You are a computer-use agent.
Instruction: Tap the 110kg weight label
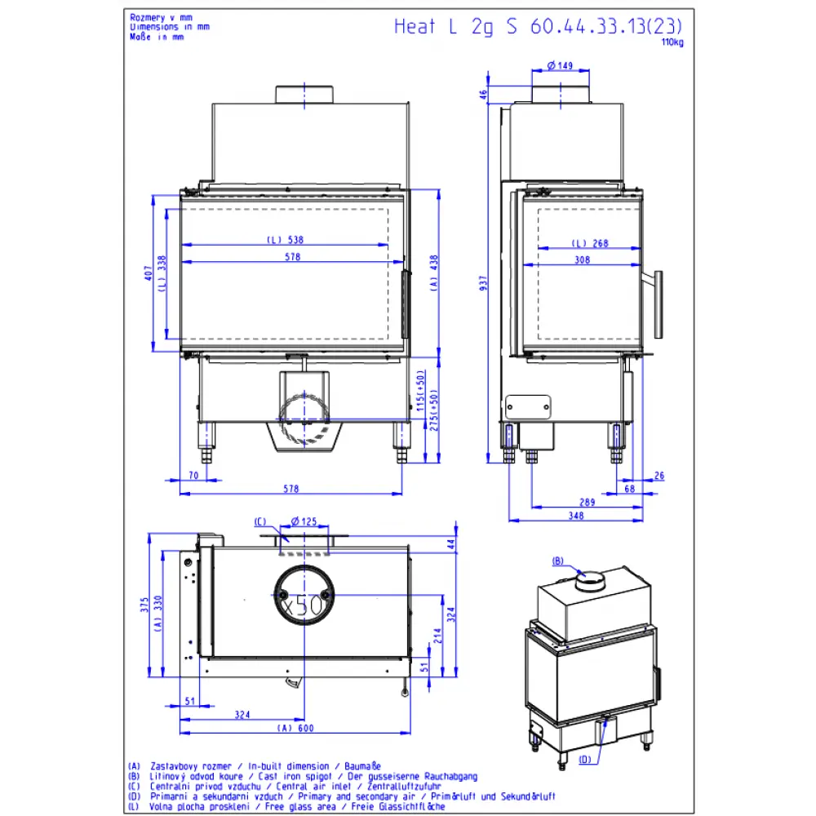coord(672,42)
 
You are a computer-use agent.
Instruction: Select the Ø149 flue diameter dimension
coord(560,65)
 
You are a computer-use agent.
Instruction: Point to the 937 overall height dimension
coord(483,283)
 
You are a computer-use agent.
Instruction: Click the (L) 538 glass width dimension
coord(285,240)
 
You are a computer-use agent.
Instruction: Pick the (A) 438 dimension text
coord(434,273)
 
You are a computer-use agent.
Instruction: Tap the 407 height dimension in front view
coord(149,273)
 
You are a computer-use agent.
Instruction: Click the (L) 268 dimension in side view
coord(590,243)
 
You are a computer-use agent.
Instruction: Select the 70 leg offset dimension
coord(193,475)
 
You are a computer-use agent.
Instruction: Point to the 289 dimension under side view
coord(587,502)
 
